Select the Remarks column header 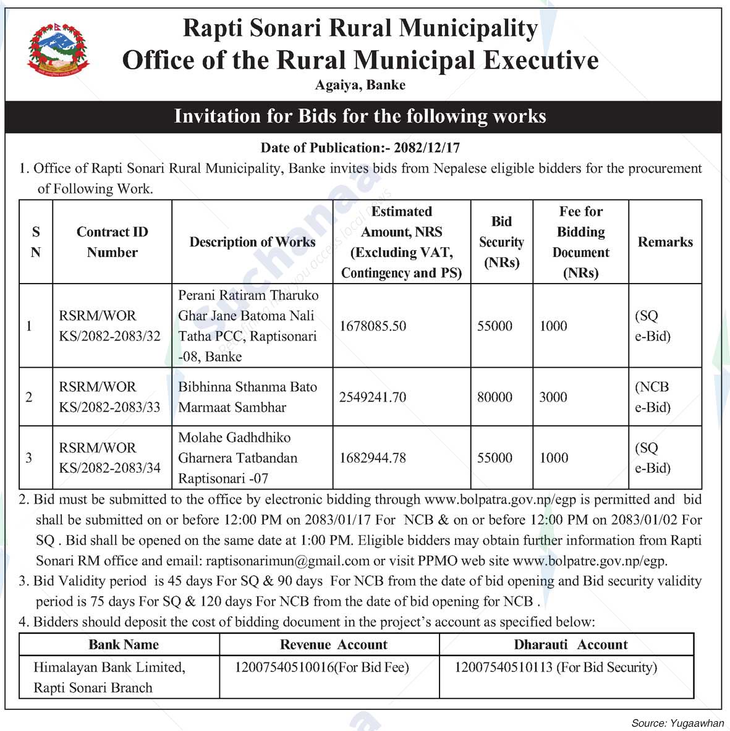665,242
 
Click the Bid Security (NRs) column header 501,242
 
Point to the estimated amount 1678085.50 373,326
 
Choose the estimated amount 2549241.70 373,397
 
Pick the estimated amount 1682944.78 373,458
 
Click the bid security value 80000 494,397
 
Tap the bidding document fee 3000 553,397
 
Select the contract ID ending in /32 109,326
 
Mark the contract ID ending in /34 109,458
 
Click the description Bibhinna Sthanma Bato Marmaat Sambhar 247,397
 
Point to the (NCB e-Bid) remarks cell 653,397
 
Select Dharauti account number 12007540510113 503,667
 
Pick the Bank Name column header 124,644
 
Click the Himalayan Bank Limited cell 109,677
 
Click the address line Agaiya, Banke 360,85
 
